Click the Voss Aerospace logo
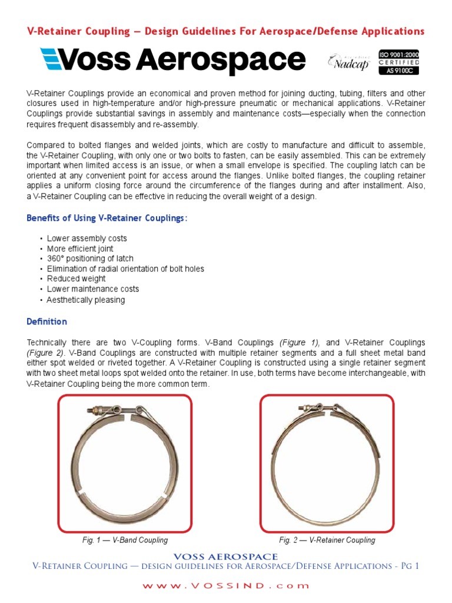pyautogui.click(x=172, y=61)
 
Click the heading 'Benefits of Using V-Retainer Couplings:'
pyautogui.click(x=107, y=218)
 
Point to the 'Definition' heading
pyautogui.click(x=47, y=322)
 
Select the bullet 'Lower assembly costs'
pyautogui.click(x=87, y=238)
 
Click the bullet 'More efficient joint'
pyautogui.click(x=80, y=249)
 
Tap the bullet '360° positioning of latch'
pyautogui.click(x=90, y=259)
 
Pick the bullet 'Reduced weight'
pyautogui.click(x=76, y=279)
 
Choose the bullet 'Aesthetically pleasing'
pyautogui.click(x=86, y=300)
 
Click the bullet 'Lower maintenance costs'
pyautogui.click(x=93, y=289)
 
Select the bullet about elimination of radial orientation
pyautogui.click(x=125, y=269)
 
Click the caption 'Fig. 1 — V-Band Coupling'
pyautogui.click(x=125, y=540)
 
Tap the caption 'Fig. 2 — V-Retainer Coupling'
pyautogui.click(x=327, y=540)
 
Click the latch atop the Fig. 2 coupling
pyautogui.click(x=321, y=408)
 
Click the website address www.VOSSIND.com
pyautogui.click(x=227, y=586)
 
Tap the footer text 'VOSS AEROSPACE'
pyautogui.click(x=227, y=556)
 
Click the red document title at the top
pyautogui.click(x=226, y=31)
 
